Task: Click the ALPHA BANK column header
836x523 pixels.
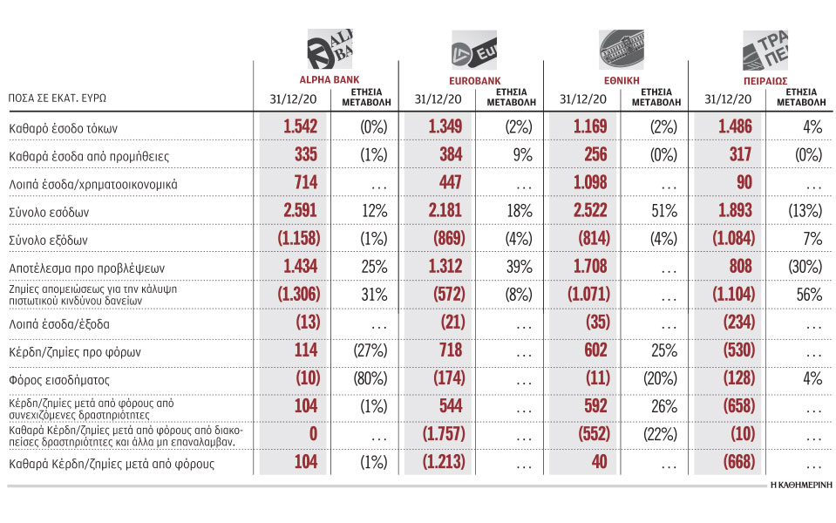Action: (x=301, y=76)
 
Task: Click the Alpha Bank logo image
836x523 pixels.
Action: (x=329, y=45)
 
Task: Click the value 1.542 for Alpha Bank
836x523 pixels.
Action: (x=300, y=128)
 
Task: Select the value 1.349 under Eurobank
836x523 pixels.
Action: (x=445, y=128)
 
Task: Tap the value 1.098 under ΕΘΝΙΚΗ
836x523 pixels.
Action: (x=590, y=185)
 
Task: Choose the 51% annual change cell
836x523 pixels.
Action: (x=664, y=213)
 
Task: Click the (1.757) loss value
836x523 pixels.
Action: (x=445, y=433)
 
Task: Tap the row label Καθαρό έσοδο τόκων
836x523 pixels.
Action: (x=63, y=128)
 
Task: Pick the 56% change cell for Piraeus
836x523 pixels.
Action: (x=808, y=295)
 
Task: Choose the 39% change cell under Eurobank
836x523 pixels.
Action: (x=520, y=268)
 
